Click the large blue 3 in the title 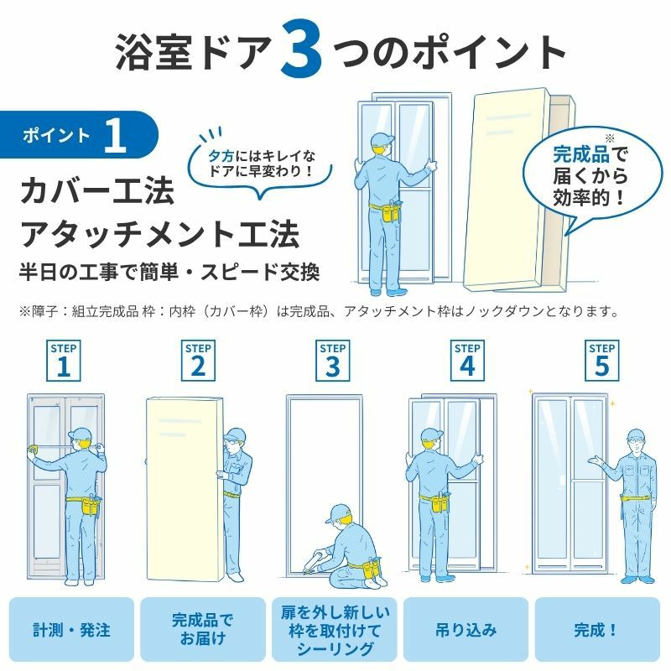point(301,51)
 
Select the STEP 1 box point(64,361)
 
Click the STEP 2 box point(198,361)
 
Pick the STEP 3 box point(332,361)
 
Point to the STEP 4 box point(467,361)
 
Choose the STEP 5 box point(601,361)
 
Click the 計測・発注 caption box point(72,630)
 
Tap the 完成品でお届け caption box point(203,630)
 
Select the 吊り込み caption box point(466,630)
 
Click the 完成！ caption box point(597,630)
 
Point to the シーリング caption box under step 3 point(334,630)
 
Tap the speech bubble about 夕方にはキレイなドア point(260,167)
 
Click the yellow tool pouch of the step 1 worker point(89,507)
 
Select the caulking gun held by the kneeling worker point(317,560)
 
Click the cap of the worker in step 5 point(637,435)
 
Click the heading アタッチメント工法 point(160,234)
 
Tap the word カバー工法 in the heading point(97,191)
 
